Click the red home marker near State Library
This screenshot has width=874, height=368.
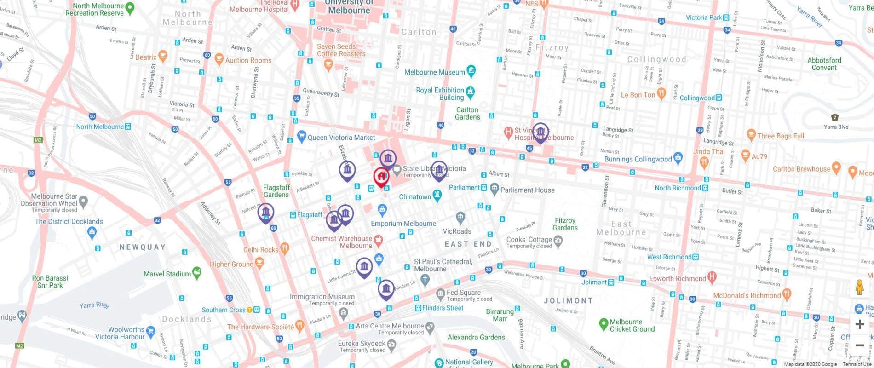coord(380,176)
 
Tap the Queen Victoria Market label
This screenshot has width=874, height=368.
coord(341,138)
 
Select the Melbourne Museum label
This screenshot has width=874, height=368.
coord(434,72)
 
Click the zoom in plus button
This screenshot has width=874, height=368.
coord(859,324)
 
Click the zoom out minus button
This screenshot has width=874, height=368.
coord(859,345)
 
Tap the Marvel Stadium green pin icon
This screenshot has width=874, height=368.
coord(197,272)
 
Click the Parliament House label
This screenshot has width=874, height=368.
coord(527,190)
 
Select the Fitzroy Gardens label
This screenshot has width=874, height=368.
coord(565,224)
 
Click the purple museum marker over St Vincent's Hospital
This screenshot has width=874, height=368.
coord(540,132)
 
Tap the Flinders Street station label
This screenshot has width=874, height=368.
coord(442,308)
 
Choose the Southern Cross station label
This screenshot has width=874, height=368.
coord(224,310)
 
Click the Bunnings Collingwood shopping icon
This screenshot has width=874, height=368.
coord(678,157)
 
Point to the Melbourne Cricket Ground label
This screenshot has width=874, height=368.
coord(632,325)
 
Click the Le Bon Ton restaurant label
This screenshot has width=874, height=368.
coord(638,95)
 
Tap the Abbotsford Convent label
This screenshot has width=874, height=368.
coord(824,64)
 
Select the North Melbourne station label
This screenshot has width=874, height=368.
coord(100,126)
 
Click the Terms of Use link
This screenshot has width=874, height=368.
coord(857,364)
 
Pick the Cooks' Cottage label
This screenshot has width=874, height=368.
coord(529,240)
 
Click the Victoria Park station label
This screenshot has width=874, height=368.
coord(704,18)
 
